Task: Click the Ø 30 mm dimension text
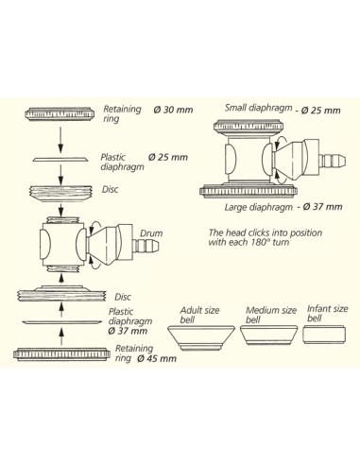pos(173,110)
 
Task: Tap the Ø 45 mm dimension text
pos(157,359)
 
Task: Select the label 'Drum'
pos(151,233)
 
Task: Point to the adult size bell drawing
pos(200,338)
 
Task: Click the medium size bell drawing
pos(269,335)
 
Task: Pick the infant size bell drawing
pos(324,335)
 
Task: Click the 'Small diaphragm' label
pos(258,108)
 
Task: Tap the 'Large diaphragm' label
pos(258,207)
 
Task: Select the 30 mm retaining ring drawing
pos(60,113)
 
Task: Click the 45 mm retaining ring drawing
pos(61,354)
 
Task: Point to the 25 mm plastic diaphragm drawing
pos(60,159)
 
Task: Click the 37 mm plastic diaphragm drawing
pos(62,322)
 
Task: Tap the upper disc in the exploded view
pos(60,193)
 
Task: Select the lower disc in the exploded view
pos(61,294)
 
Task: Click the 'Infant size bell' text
pos(327,314)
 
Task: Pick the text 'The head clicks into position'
pos(266,232)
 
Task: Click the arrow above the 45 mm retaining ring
pos(61,337)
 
